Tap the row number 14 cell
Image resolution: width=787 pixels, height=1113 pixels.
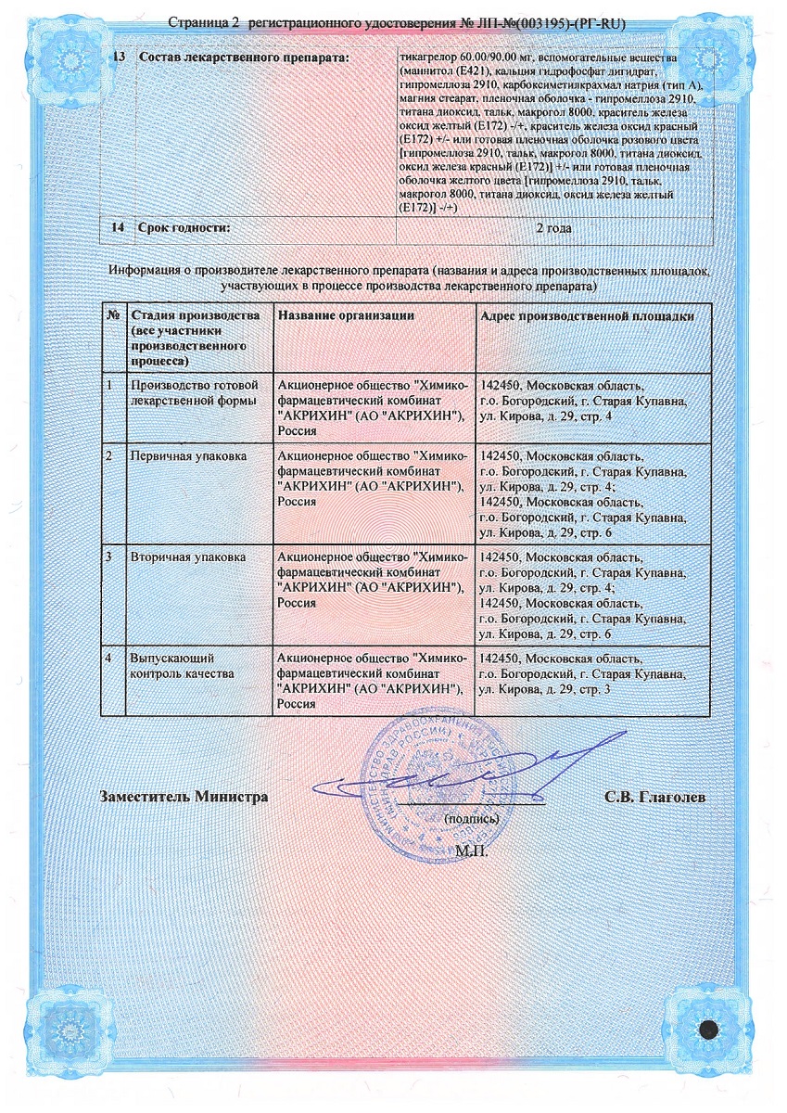click(x=118, y=227)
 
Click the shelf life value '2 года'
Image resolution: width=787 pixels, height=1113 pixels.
click(x=553, y=227)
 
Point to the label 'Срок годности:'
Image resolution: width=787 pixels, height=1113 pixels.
click(x=183, y=227)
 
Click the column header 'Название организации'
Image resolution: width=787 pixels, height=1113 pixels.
click(x=346, y=316)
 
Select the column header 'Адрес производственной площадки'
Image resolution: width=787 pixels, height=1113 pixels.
click(x=586, y=316)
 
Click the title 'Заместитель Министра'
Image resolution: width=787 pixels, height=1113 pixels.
click(x=184, y=797)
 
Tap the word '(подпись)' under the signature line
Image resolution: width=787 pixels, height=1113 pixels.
click(x=473, y=819)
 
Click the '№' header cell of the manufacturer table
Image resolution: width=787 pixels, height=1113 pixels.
click(x=113, y=316)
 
